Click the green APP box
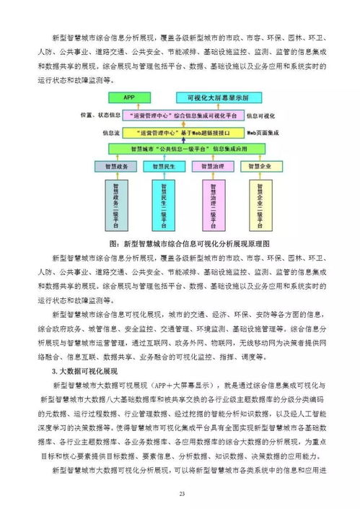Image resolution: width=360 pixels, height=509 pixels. (x=129, y=96)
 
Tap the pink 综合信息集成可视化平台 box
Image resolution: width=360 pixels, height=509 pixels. (x=180, y=115)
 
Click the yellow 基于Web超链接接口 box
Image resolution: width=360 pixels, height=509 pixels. (x=180, y=133)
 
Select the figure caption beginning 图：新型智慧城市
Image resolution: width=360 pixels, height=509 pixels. (x=180, y=244)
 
